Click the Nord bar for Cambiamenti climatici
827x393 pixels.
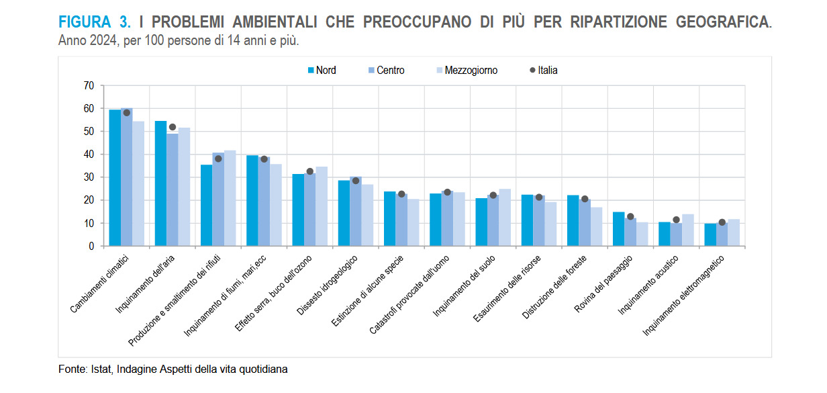pos(115,178)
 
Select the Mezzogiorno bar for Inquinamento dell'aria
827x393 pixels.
pos(184,187)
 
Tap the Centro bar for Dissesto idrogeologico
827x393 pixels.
pos(356,212)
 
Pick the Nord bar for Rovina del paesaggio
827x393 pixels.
pos(618,229)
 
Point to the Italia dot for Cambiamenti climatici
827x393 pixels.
pos(127,113)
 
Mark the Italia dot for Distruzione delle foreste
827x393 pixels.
pos(585,199)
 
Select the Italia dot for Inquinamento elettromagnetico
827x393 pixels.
pos(722,222)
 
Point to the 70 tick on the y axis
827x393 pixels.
pos(88,85)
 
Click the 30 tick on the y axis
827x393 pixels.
pos(88,177)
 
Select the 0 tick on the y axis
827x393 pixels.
pos(91,246)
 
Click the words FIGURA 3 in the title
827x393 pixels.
pos(95,21)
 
